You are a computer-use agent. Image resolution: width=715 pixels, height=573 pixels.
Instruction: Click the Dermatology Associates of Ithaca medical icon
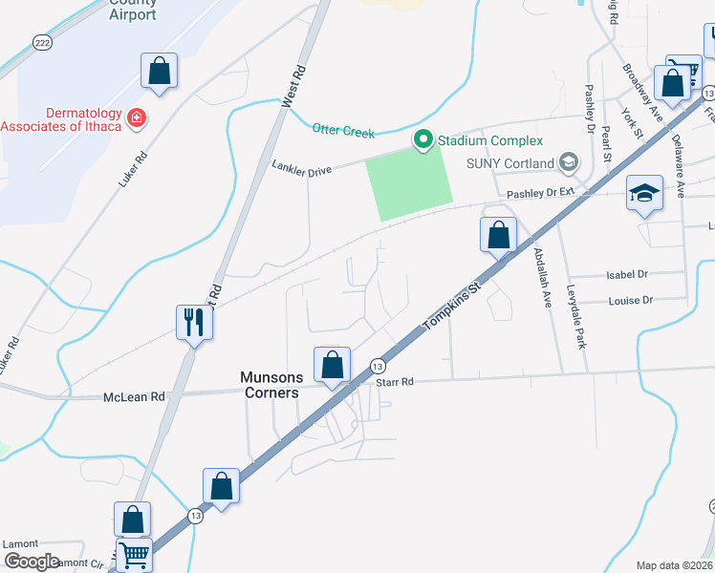click(137, 117)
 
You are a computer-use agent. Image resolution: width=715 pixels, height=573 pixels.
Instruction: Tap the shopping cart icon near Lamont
click(134, 554)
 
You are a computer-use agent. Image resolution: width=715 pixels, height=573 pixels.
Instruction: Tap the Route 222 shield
click(41, 45)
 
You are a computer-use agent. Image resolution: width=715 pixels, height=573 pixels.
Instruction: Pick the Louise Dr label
click(630, 300)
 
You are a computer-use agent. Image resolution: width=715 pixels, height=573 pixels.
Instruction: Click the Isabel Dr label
click(628, 274)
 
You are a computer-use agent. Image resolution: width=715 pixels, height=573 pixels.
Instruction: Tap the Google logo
click(32, 562)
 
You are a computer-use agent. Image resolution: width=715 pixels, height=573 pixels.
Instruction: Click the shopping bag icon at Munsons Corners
click(332, 365)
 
